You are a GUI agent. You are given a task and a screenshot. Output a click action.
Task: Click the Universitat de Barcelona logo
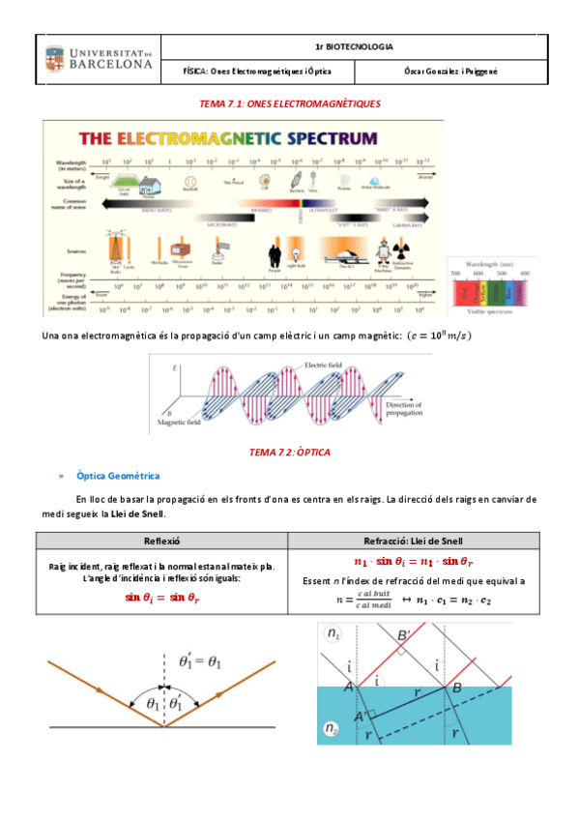[97, 58]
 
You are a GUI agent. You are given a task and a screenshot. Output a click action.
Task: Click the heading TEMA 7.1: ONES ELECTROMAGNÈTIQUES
[289, 102]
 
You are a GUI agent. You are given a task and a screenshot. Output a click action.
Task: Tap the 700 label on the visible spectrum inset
[458, 275]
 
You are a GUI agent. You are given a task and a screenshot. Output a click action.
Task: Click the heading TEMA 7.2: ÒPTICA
[289, 452]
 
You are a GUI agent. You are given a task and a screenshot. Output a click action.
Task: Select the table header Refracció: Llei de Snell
[417, 541]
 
